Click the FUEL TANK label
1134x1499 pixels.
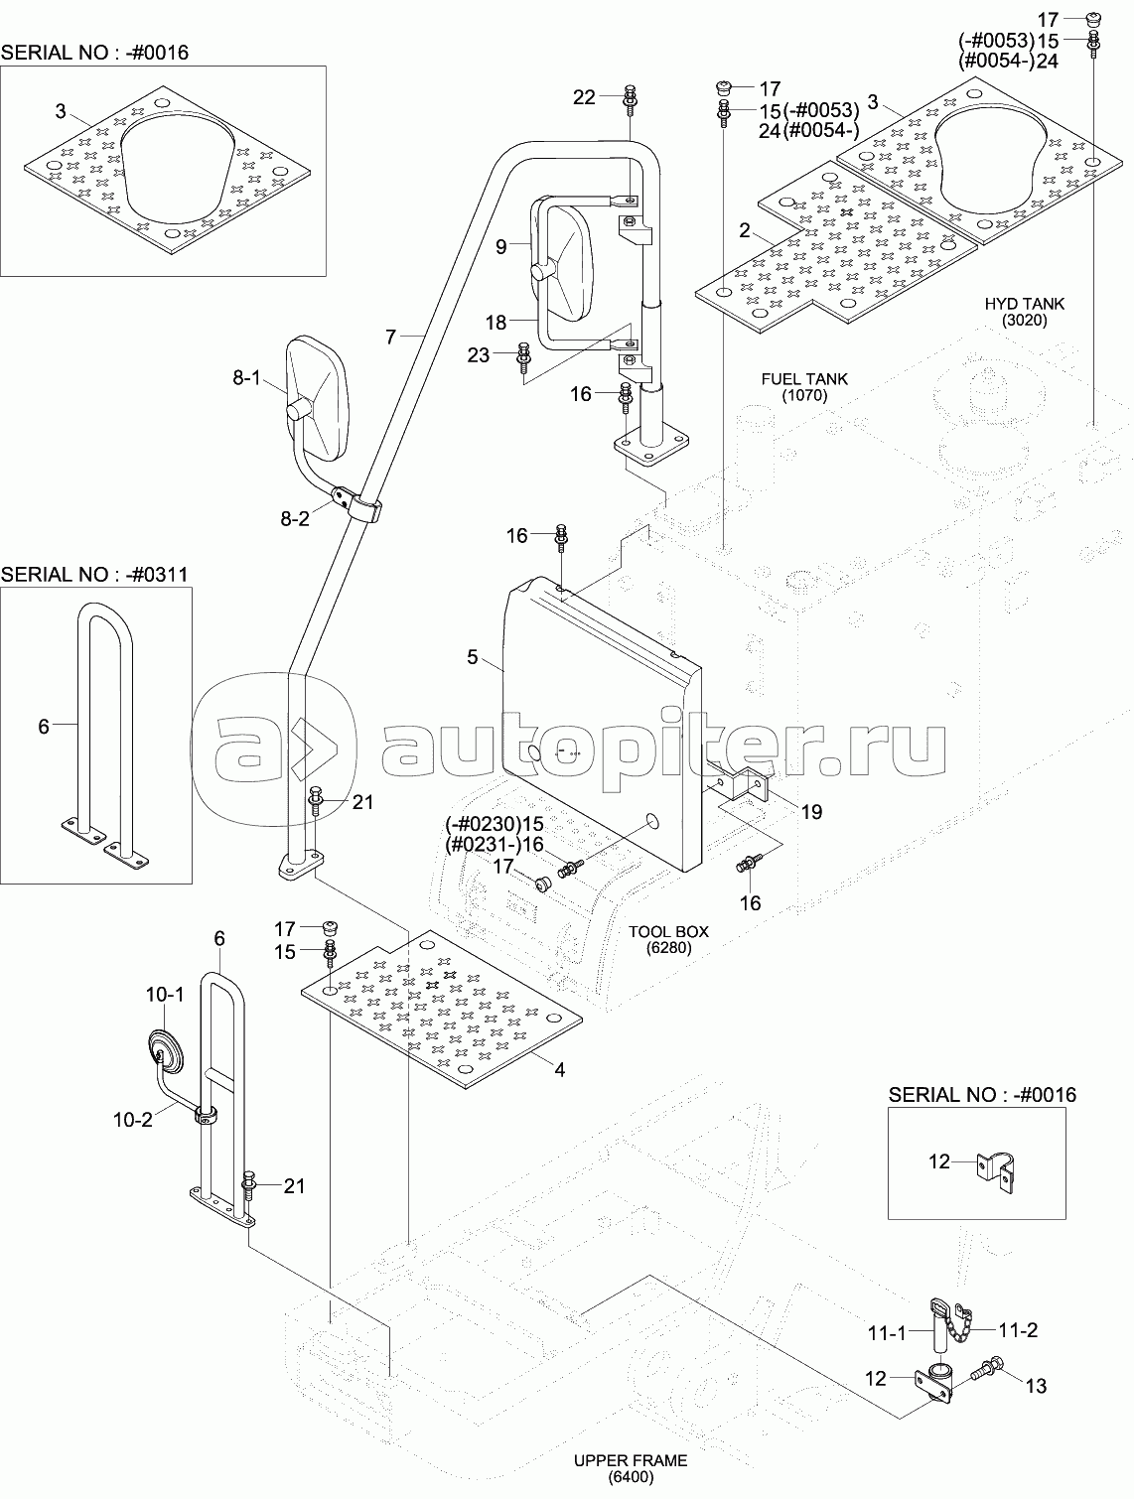(x=803, y=386)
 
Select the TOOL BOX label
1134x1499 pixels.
(x=668, y=939)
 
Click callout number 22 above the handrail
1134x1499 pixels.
(x=584, y=96)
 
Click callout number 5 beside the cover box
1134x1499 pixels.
(x=473, y=657)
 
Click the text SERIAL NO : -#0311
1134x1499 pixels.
(x=94, y=574)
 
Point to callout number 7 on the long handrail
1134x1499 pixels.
(x=391, y=338)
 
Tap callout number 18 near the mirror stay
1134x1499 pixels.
(x=496, y=322)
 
